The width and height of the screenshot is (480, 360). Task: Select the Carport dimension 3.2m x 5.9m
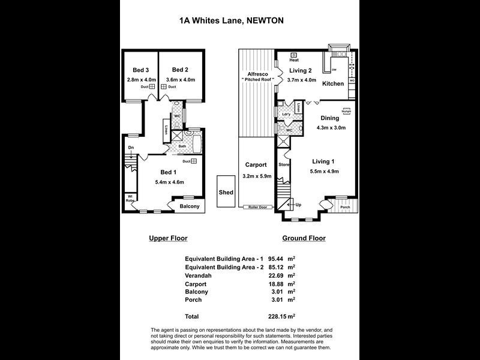point(256,176)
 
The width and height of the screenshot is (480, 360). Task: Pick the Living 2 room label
point(302,70)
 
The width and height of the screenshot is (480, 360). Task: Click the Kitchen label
point(333,83)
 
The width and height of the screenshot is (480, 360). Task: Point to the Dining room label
point(329,118)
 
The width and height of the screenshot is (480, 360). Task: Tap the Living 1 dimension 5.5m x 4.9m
point(324,171)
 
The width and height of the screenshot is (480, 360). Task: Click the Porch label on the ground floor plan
point(344,209)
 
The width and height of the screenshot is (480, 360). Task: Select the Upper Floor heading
point(169,238)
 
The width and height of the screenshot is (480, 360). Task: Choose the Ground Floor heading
point(304,238)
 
